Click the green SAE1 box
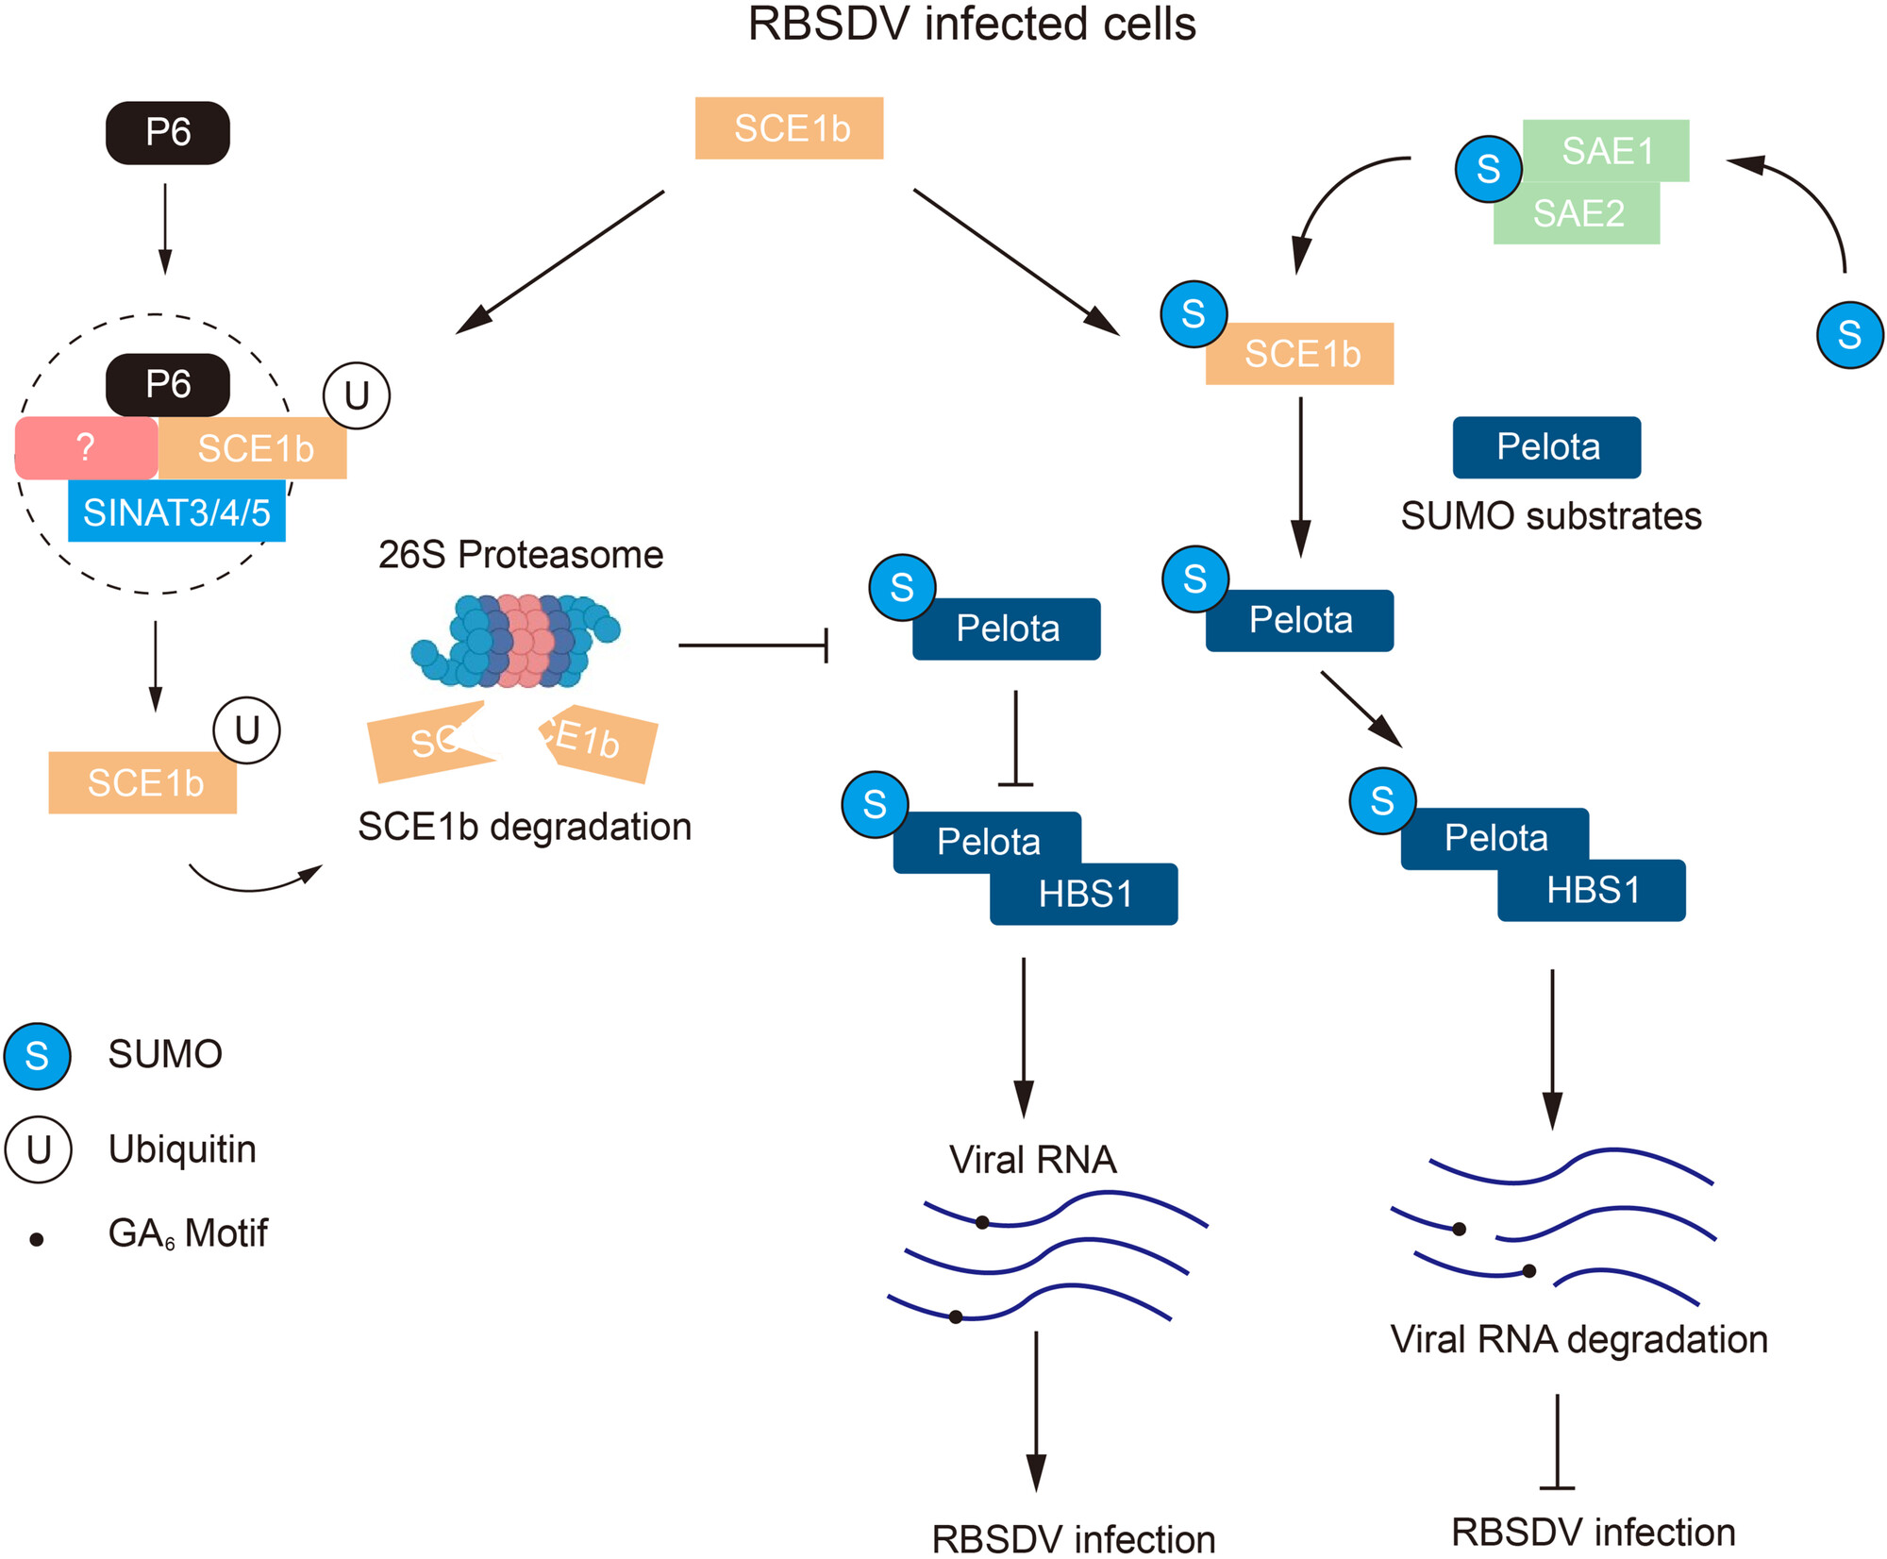click(x=1607, y=150)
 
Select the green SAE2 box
click(x=1578, y=213)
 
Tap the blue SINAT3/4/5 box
click(x=176, y=511)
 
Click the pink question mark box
click(x=86, y=447)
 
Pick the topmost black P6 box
click(x=168, y=132)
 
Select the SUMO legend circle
click(x=37, y=1055)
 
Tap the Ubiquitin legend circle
click(x=38, y=1149)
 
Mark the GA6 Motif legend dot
click(x=37, y=1240)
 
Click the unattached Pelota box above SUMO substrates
click(x=1546, y=447)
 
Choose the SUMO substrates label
click(x=1551, y=516)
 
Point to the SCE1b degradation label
click(x=525, y=827)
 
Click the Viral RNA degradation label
click(x=1578, y=1339)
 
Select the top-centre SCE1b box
click(x=790, y=128)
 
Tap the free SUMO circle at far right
click(x=1849, y=335)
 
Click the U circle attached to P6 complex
click(x=357, y=395)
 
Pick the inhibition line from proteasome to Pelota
click(x=753, y=645)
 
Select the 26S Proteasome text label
click(x=521, y=555)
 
